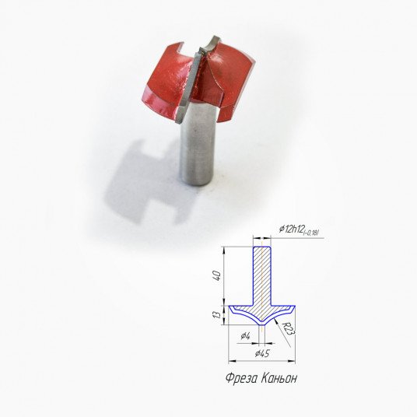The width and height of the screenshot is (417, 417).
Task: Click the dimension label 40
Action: point(217,277)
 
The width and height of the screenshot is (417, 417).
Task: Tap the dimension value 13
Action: point(217,315)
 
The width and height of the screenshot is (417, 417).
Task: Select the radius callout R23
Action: point(289,329)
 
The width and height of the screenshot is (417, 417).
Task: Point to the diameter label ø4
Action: point(246,336)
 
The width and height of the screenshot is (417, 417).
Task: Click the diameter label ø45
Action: point(262,353)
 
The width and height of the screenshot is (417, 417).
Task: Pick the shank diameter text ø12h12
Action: point(291,230)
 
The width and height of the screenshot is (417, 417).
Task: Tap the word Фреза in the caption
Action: point(241,378)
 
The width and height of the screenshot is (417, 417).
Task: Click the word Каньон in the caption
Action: point(279,378)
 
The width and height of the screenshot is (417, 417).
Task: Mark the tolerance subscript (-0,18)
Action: point(311,233)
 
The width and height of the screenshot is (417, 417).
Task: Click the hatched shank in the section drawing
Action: point(262,276)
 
